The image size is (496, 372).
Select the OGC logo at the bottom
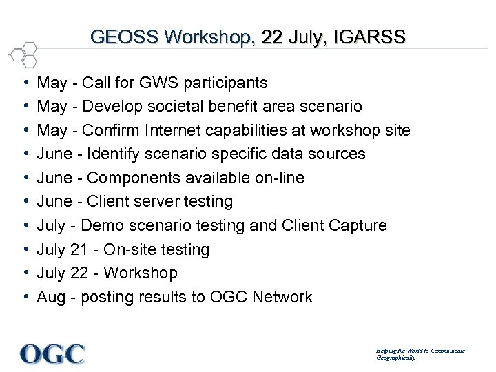53,353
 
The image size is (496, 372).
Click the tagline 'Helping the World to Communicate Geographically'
420,354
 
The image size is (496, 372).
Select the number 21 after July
79,249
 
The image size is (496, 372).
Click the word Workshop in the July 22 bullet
140,273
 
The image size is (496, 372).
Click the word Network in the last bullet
282,297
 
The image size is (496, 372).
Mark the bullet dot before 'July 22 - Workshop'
25,273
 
